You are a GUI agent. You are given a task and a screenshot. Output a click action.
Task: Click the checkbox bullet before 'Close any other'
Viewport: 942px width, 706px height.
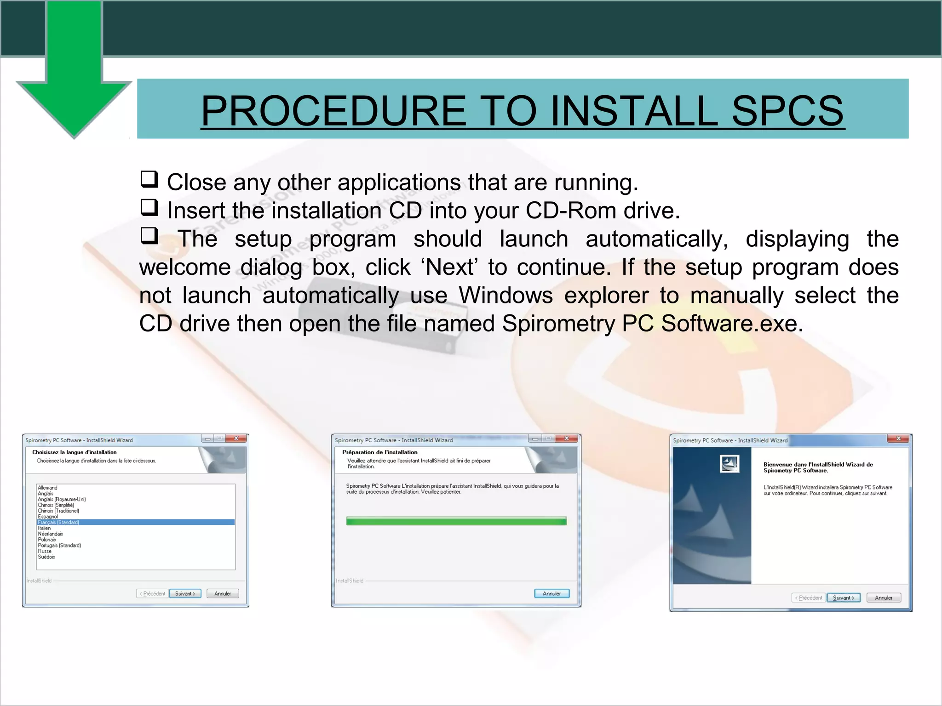point(149,179)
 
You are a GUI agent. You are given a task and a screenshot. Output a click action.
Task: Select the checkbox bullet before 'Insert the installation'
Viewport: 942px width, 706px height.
point(149,208)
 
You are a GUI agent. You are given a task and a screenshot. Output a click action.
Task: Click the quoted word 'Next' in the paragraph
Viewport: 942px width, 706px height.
point(450,267)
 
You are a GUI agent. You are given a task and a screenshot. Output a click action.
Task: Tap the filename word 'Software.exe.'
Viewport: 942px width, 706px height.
point(732,324)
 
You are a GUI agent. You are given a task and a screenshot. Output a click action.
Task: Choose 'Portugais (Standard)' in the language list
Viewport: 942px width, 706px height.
point(59,546)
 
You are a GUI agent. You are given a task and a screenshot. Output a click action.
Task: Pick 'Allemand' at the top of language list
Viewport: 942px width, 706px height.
point(47,488)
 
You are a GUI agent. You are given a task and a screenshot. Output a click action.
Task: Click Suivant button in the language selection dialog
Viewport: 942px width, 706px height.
point(185,593)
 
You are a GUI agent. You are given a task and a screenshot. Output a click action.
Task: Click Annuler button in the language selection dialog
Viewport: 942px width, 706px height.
point(223,593)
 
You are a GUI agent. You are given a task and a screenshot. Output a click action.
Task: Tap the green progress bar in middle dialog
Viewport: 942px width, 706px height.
point(456,521)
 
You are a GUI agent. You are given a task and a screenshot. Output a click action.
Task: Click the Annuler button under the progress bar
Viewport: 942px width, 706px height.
point(551,593)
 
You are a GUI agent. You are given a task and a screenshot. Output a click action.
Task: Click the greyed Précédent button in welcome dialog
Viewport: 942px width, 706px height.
point(808,598)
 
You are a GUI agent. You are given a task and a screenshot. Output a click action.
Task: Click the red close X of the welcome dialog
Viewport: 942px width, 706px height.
point(898,438)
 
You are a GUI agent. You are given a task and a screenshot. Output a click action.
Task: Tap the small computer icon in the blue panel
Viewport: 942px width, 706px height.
point(729,464)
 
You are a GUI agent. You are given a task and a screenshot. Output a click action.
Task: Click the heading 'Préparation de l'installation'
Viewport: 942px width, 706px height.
point(379,452)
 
